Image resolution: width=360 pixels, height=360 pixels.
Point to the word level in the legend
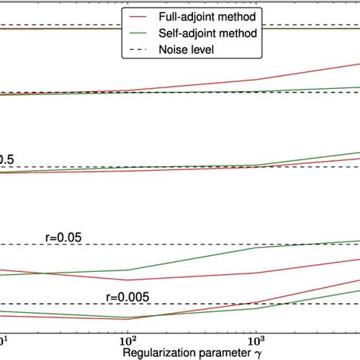coord(204,49)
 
